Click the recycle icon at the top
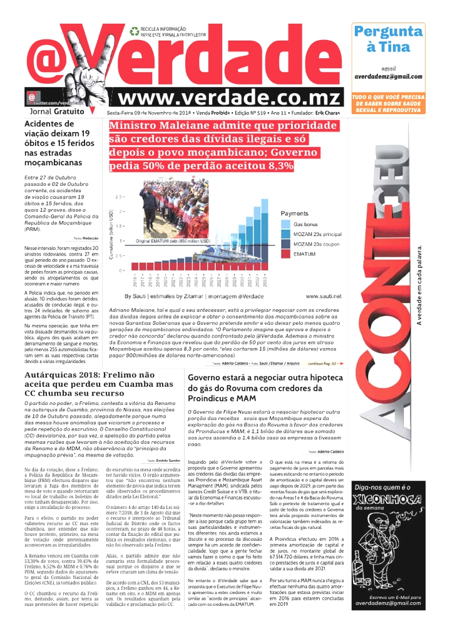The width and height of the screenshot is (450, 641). (133, 29)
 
